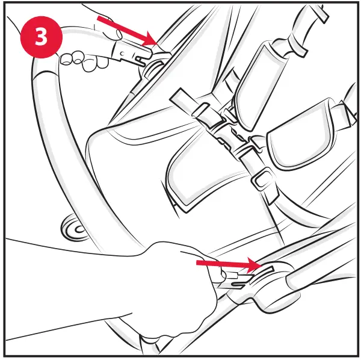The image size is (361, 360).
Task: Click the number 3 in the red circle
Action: pos(41,36)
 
